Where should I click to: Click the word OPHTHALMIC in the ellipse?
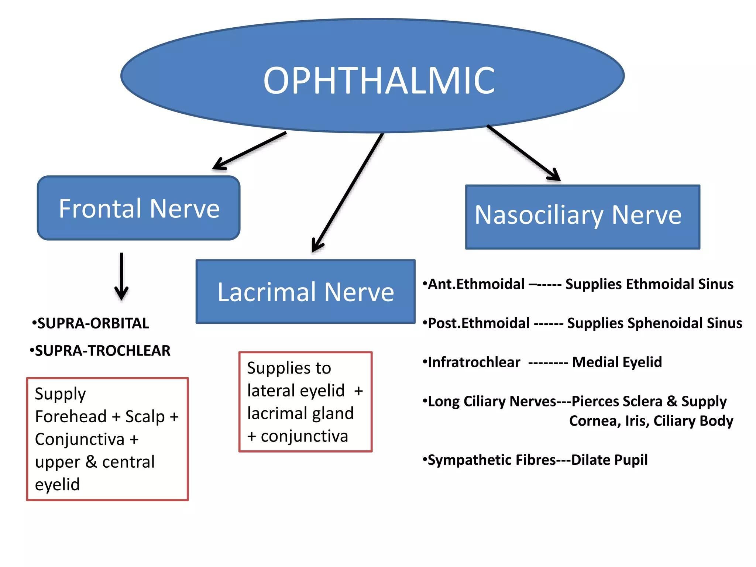[379, 80]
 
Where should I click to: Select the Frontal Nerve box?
[139, 208]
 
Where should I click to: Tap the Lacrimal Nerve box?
[306, 292]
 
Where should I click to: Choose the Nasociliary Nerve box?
[583, 217]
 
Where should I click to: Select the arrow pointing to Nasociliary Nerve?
[524, 153]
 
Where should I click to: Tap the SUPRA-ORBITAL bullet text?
[93, 323]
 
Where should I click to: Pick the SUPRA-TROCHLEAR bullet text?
[102, 351]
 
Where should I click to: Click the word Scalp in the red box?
[145, 417]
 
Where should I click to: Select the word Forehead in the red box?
[71, 417]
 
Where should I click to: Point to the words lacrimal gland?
[300, 413]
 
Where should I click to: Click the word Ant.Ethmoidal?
[476, 284]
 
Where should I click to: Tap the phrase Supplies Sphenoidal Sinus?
[654, 323]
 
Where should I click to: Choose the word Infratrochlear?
[474, 362]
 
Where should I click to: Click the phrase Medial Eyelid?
[616, 362]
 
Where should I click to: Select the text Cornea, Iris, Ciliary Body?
[651, 421]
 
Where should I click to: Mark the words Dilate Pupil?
[609, 460]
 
